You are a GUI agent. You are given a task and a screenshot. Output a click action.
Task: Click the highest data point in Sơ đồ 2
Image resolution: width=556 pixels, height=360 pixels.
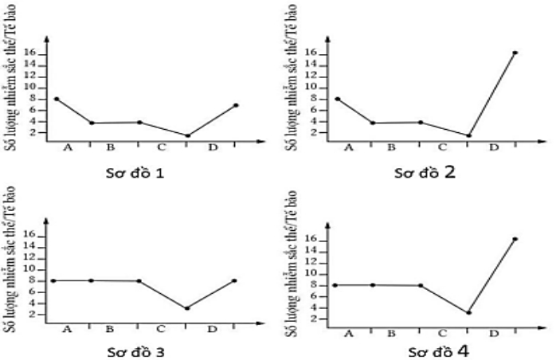(515, 53)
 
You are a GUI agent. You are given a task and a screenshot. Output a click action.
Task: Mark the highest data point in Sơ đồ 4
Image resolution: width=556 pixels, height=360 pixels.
(515, 239)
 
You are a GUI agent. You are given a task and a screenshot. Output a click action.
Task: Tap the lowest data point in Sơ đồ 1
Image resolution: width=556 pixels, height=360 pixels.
(187, 135)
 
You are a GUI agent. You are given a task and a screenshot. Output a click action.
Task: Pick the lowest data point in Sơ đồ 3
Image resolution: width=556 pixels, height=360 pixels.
(186, 308)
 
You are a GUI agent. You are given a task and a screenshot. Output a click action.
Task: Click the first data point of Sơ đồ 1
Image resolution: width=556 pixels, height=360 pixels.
(56, 99)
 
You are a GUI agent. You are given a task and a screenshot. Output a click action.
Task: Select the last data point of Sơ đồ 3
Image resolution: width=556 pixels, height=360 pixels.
(234, 280)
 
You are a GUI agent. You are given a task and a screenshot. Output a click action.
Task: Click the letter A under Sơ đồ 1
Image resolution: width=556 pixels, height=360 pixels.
(67, 148)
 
